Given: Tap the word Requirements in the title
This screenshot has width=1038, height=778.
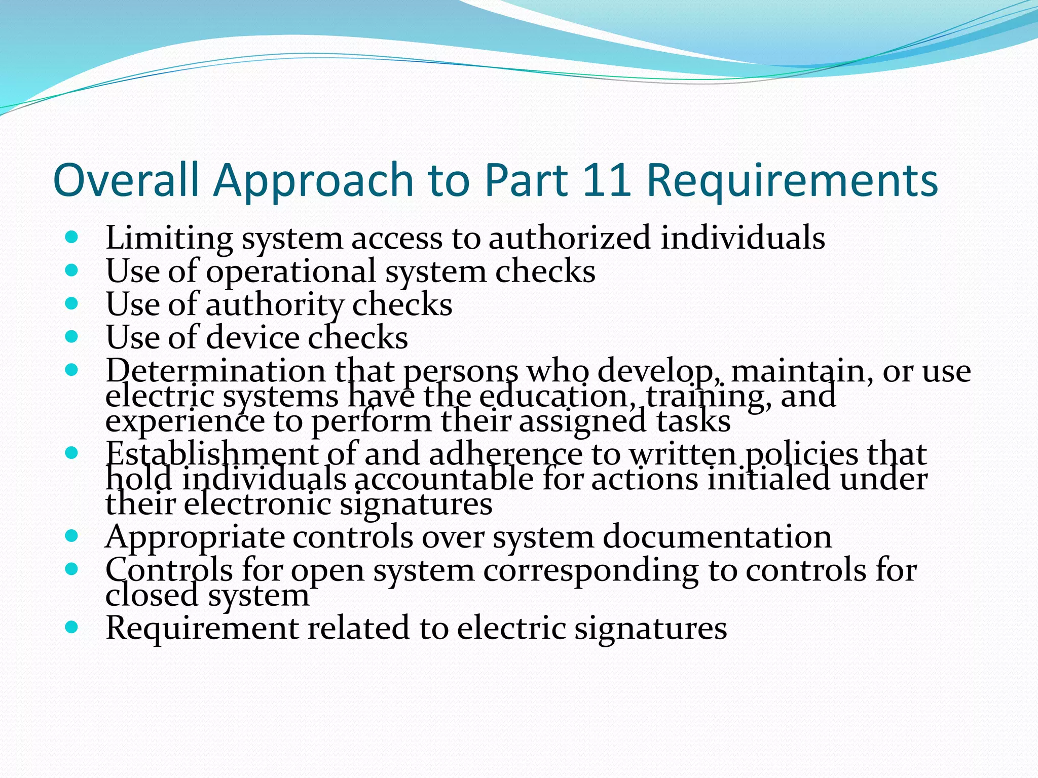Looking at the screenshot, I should (792, 181).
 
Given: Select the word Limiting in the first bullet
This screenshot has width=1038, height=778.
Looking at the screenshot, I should (169, 238).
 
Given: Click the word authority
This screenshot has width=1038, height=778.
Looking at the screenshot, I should (274, 305).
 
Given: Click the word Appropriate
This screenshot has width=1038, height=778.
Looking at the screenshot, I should (195, 537).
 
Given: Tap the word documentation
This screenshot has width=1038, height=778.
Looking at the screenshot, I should (717, 537).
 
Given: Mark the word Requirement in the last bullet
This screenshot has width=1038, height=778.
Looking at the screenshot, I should (202, 628).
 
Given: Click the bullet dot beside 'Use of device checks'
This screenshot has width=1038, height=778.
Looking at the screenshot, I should (72, 337).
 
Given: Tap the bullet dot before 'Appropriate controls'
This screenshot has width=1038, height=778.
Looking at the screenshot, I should (72, 536).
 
